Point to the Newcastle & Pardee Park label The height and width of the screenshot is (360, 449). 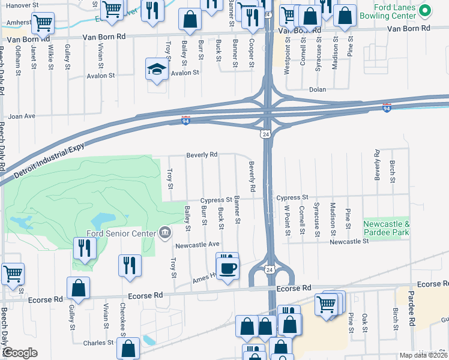[x=387, y=227]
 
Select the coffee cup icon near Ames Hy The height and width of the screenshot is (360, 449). [x=228, y=268]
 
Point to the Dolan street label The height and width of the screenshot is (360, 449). [x=317, y=89]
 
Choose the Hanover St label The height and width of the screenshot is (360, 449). [x=18, y=4]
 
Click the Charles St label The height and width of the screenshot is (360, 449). [x=98, y=343]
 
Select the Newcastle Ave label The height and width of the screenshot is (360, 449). [x=197, y=245]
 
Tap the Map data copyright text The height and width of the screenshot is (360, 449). [x=424, y=355]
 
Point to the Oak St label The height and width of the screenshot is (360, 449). [x=364, y=321]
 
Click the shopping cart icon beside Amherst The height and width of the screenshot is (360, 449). [x=43, y=23]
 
